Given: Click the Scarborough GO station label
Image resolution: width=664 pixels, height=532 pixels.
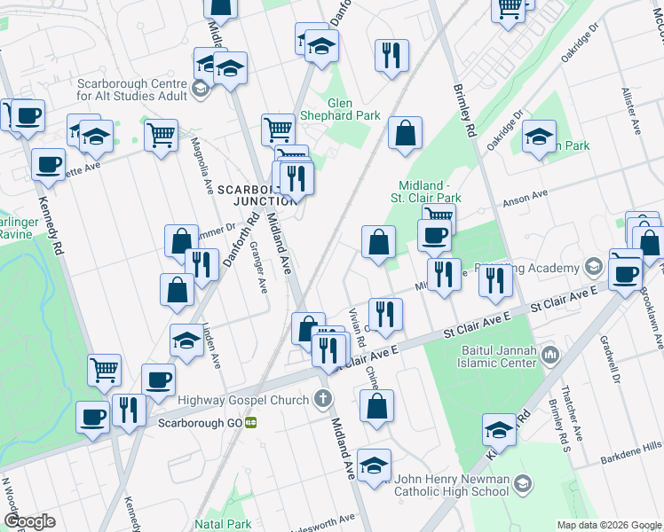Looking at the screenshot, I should tap(200, 423).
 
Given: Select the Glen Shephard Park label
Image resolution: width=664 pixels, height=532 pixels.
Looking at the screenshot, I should tap(354, 109).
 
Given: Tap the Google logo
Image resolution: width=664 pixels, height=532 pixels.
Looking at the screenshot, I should tap(29, 521).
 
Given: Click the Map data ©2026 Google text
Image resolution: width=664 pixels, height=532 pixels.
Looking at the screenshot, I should tap(609, 524).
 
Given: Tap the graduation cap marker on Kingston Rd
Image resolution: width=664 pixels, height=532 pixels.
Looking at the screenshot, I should tap(500, 431).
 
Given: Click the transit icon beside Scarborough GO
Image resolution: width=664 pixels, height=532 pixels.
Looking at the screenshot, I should tap(252, 423).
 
